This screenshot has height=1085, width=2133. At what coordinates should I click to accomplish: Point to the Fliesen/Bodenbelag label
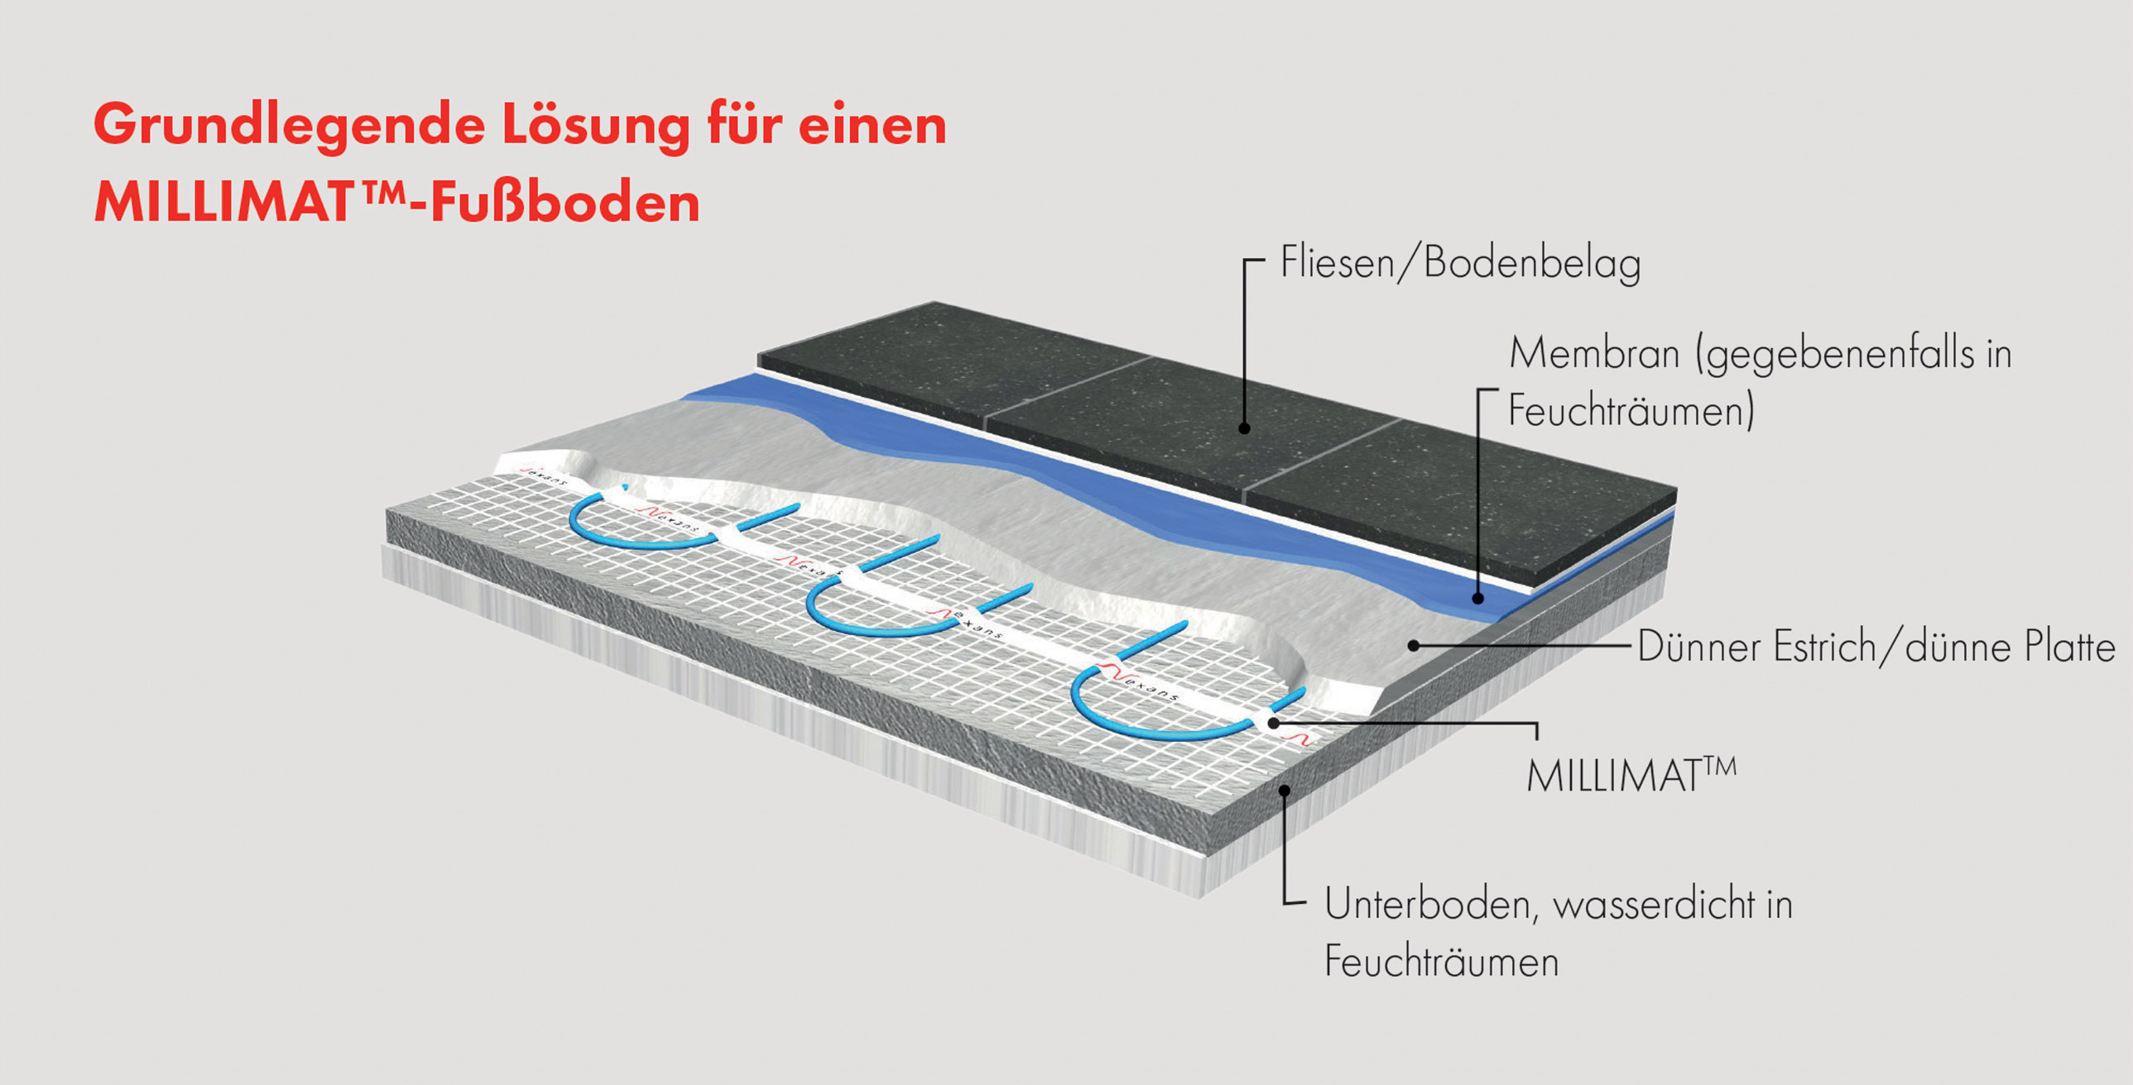1461,263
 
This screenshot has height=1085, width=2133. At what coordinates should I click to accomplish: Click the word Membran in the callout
1594,353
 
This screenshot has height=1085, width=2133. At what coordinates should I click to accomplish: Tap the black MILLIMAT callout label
1631,776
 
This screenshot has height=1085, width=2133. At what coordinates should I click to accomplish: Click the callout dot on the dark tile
1244,428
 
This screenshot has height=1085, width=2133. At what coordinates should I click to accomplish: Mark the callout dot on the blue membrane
1479,598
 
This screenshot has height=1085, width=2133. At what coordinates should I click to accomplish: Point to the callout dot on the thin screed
1415,645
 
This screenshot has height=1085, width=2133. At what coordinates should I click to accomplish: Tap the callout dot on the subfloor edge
1285,790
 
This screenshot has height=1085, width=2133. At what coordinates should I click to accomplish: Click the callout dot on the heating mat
1273,723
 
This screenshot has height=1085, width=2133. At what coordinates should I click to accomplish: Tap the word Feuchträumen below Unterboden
1442,962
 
